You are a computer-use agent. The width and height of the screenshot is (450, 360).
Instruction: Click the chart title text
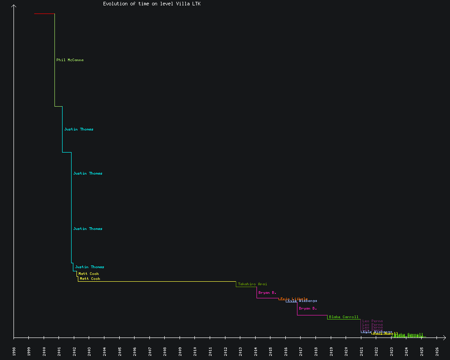point(152,4)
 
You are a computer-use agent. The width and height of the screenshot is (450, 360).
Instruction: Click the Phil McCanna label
point(70,60)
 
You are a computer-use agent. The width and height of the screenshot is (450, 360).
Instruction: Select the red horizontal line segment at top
point(44,14)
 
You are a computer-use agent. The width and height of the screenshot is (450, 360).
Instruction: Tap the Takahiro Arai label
point(252,284)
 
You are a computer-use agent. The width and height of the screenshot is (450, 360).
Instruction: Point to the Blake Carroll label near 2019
point(344,317)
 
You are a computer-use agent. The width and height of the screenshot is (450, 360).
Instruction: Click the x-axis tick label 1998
point(14,351)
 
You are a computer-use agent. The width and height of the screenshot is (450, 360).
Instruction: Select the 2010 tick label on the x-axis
point(195,351)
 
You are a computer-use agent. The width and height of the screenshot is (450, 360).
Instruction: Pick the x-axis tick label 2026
point(437,351)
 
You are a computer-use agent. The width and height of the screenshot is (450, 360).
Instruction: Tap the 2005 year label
point(120,351)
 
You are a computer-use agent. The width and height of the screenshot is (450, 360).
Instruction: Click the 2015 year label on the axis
point(270,351)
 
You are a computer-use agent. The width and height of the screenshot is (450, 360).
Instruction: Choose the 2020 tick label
point(346,351)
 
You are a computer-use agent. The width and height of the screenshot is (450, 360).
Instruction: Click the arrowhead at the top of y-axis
point(14,6)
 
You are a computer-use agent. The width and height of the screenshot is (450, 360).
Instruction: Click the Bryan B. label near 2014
point(267,292)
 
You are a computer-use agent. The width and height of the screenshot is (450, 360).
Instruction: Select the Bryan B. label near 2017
point(308,308)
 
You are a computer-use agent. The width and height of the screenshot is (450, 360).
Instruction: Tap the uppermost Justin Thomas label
point(79,129)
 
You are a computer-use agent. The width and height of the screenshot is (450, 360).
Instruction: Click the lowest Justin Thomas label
point(90,267)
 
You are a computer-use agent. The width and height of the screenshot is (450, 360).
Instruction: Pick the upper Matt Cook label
point(89,274)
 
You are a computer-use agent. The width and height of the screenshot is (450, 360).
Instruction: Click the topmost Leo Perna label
point(373,321)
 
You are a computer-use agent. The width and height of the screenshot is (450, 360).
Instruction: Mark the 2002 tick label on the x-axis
point(74,351)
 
